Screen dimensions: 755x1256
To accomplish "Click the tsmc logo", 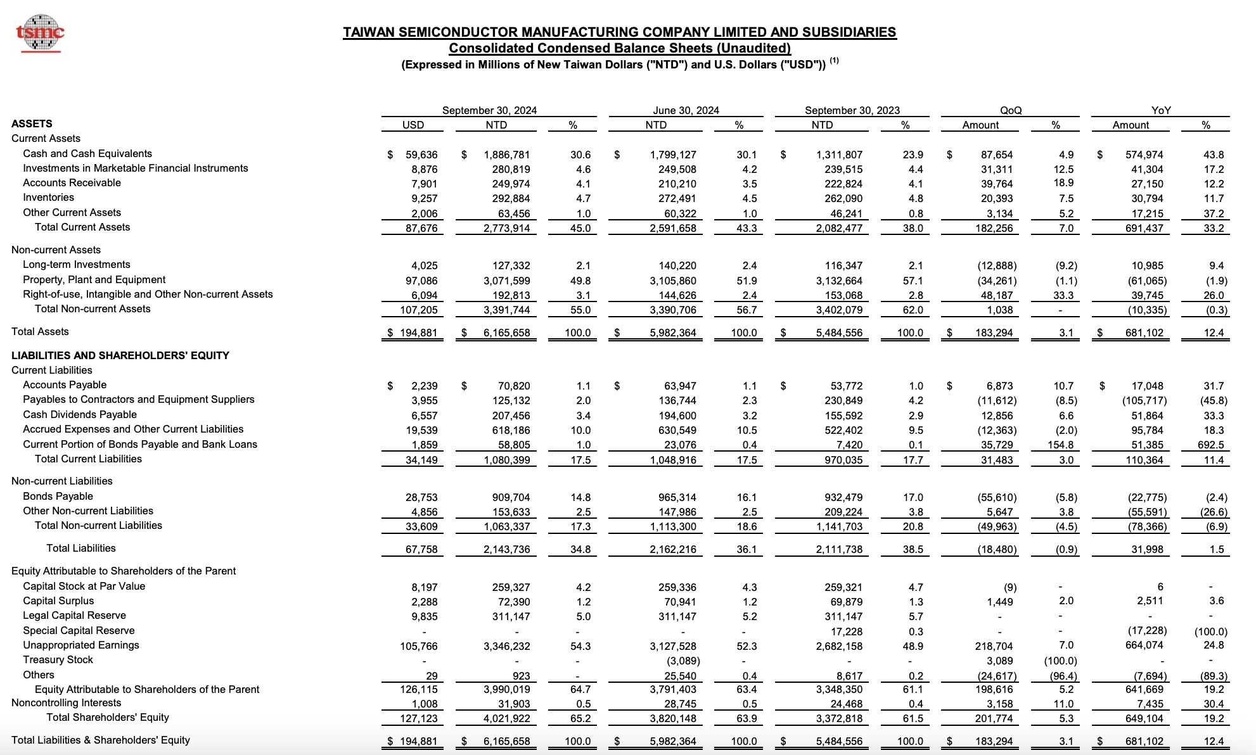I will click(40, 32).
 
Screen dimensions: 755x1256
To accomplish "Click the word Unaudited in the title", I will click(753, 48).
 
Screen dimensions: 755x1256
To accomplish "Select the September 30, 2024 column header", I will click(489, 110).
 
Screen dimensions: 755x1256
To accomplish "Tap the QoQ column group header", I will click(1011, 110).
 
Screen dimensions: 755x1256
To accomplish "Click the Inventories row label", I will click(49, 198).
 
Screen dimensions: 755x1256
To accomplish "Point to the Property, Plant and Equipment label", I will click(94, 280).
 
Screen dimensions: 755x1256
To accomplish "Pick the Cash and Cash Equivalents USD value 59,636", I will click(421, 155).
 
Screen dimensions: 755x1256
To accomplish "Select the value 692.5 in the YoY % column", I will click(1212, 445).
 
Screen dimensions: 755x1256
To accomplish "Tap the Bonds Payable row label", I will click(58, 497).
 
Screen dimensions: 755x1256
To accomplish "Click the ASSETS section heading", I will click(32, 124).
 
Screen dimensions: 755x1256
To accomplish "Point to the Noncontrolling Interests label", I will click(67, 703).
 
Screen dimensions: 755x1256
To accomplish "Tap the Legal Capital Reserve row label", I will click(75, 616).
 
